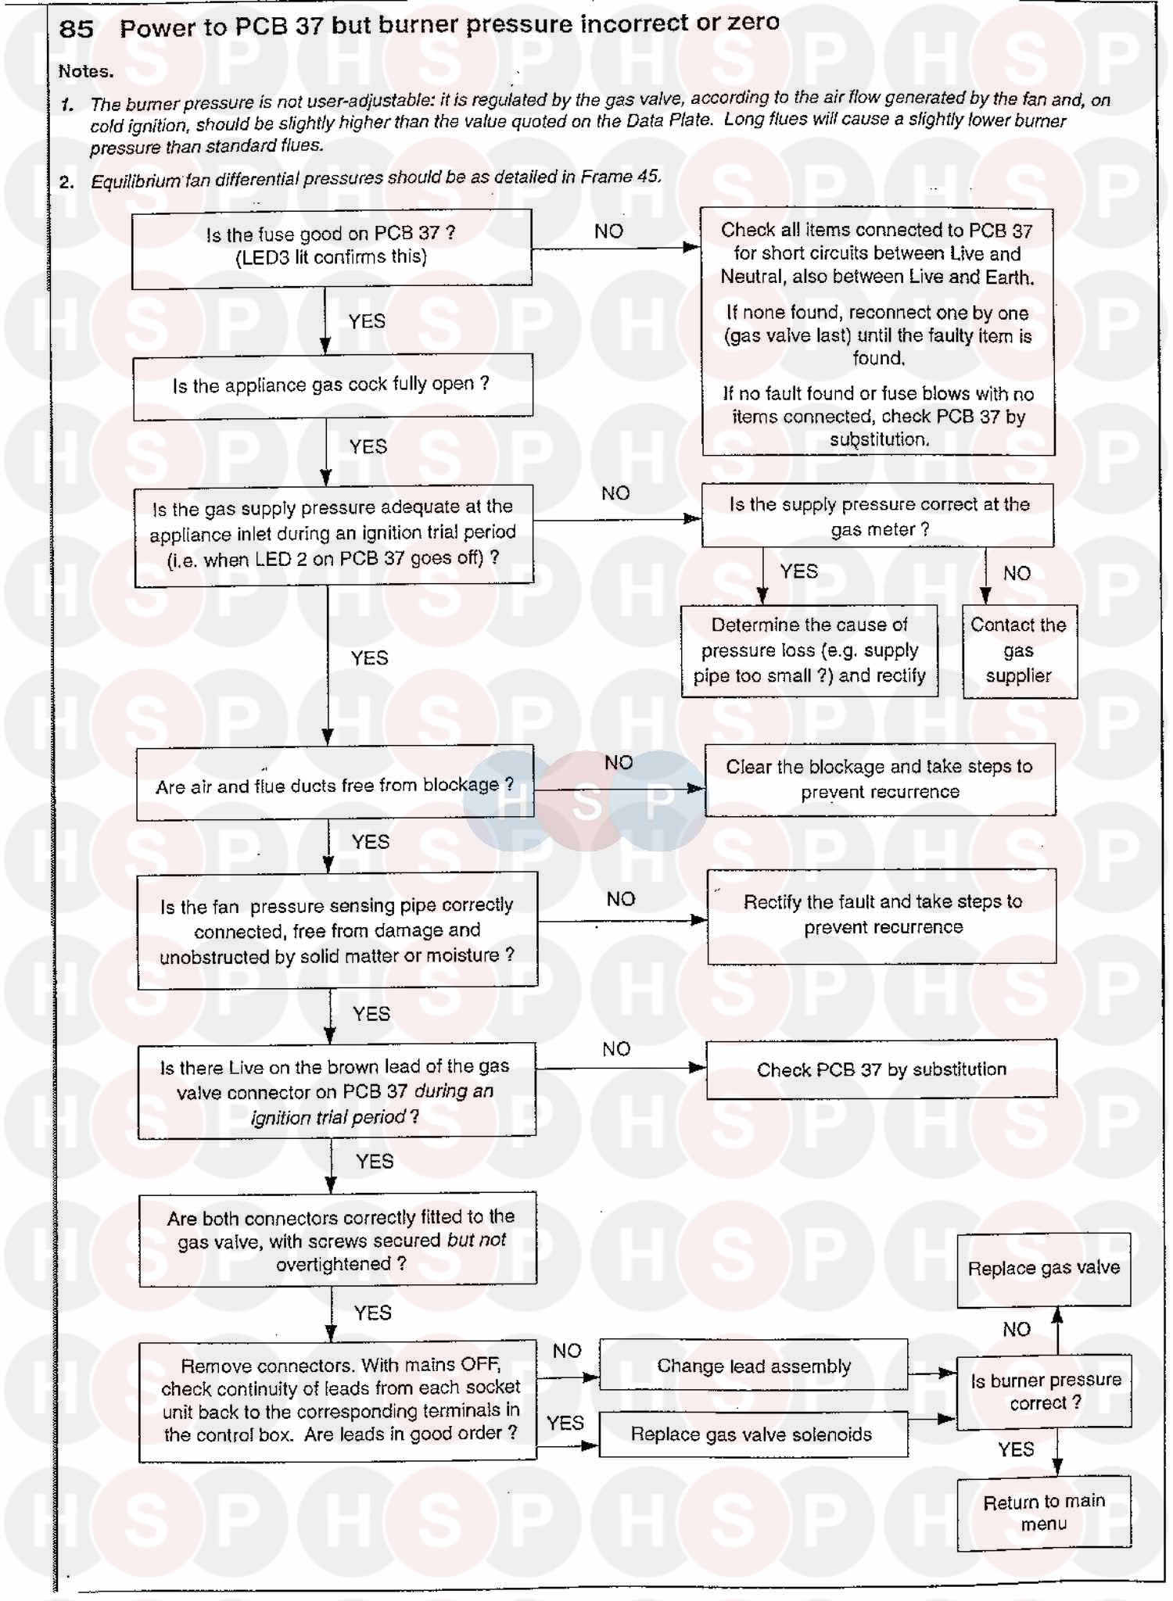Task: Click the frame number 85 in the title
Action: point(76,29)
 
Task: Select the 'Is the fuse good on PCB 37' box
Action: point(332,247)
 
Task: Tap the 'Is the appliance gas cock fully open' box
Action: point(332,386)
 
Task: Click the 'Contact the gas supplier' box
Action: point(1019,650)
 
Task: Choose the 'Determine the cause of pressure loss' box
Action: point(809,650)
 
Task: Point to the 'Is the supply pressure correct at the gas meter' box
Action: point(878,516)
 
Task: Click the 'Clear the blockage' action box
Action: point(880,779)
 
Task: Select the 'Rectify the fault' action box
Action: point(882,915)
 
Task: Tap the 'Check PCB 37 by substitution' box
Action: point(881,1069)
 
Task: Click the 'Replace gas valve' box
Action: point(1044,1268)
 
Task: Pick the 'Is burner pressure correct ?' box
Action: point(1045,1391)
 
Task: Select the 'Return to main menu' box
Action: point(1044,1512)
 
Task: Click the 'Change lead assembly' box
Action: point(753,1366)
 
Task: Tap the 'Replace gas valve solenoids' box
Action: point(752,1434)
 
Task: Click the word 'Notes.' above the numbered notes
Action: point(86,71)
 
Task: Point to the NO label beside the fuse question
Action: point(608,231)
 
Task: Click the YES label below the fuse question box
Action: point(367,321)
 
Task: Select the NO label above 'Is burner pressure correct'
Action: point(1016,1329)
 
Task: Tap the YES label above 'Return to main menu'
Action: point(1016,1449)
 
